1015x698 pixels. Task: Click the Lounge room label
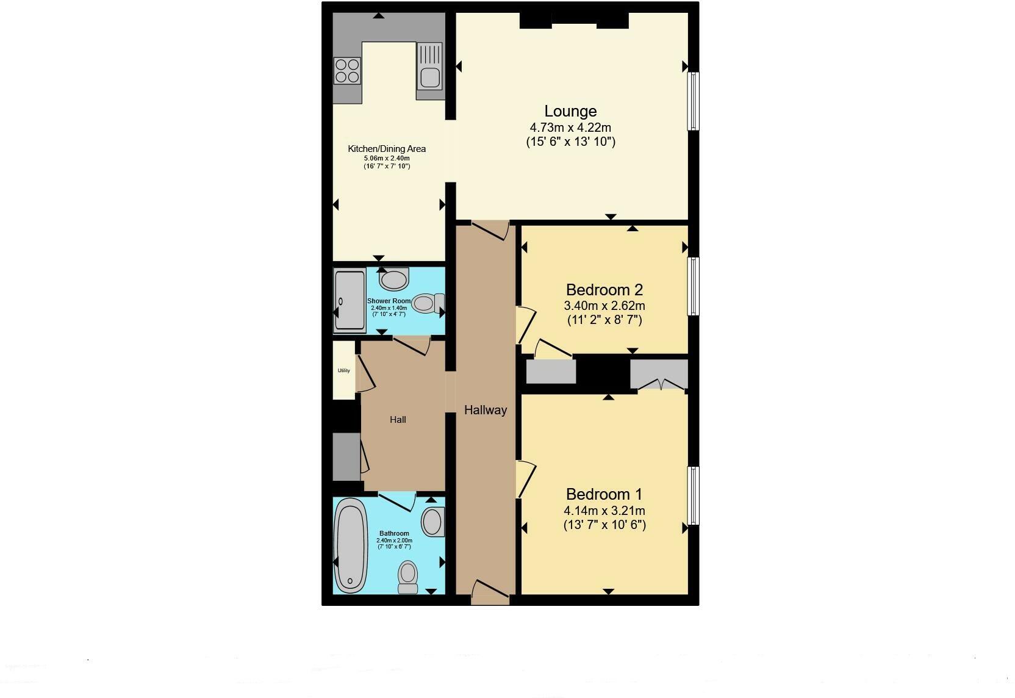pos(570,112)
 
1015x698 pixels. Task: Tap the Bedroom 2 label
pos(604,290)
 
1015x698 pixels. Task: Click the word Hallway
pos(486,411)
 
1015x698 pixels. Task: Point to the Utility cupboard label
pos(344,370)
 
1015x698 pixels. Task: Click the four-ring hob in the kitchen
pos(347,70)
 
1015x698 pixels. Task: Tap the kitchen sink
pos(429,77)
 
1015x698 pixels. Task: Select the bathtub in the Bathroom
pos(351,545)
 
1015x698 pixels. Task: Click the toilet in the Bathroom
pos(407,577)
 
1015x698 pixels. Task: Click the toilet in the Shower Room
pos(427,303)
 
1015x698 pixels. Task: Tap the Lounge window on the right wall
pos(693,101)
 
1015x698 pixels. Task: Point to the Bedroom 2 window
pos(693,286)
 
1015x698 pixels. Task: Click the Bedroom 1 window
pos(693,495)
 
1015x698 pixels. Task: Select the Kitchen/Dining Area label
pos(387,149)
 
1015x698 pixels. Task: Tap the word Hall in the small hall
pos(398,420)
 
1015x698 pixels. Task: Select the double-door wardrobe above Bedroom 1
pos(659,373)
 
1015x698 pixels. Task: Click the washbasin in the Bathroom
pos(432,522)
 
